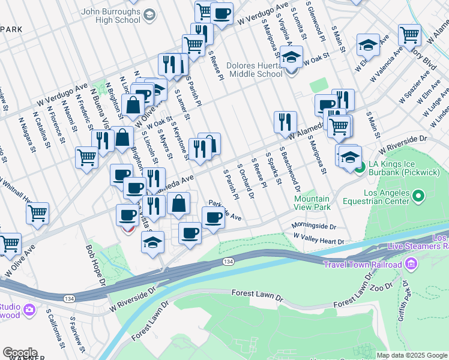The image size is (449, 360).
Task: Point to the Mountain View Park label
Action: (x=312, y=203)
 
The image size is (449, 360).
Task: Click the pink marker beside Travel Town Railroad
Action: (x=411, y=263)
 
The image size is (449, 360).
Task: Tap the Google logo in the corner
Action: (x=20, y=353)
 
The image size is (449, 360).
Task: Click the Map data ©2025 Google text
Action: (x=412, y=355)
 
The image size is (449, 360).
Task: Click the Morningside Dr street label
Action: (x=314, y=226)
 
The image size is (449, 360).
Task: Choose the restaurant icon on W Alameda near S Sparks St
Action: (x=285, y=122)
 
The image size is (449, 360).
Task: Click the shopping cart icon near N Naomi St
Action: (x=87, y=158)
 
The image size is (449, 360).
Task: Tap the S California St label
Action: (x=54, y=329)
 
